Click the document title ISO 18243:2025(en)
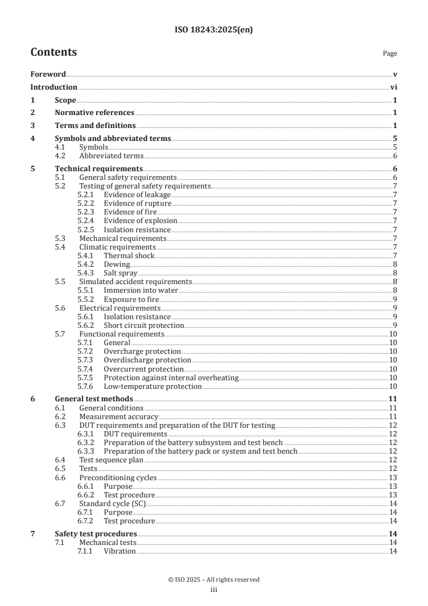(214, 30)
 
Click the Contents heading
(53, 52)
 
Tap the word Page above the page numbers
(390, 53)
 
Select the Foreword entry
(48, 74)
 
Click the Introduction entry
(53, 87)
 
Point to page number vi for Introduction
(394, 87)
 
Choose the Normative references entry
(94, 113)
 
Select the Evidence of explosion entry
(140, 221)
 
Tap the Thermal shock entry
(129, 255)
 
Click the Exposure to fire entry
(131, 299)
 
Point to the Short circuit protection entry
(144, 325)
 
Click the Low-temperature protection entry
(153, 386)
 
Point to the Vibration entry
(120, 551)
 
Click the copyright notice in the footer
(214, 580)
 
